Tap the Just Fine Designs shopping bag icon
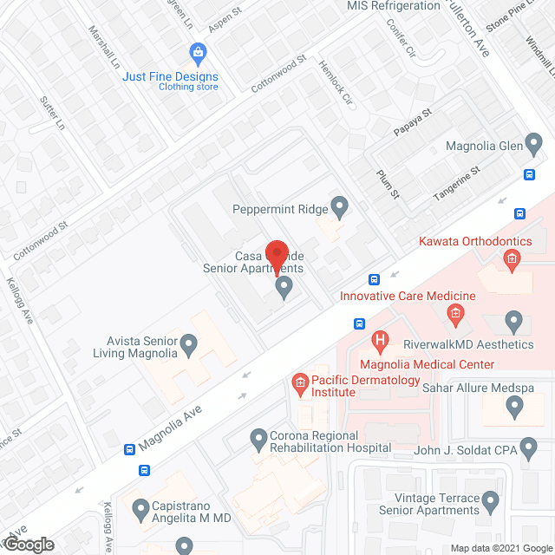[199, 52]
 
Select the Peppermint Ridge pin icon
[340, 207]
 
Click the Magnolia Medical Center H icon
[379, 341]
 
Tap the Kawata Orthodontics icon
[512, 258]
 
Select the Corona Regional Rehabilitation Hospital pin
[258, 439]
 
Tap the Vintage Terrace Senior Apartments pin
[491, 502]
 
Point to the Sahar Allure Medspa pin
[514, 405]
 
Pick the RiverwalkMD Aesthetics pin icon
[514, 323]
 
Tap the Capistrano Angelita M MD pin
[140, 507]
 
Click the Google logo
[28, 544]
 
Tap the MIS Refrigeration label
[394, 6]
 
